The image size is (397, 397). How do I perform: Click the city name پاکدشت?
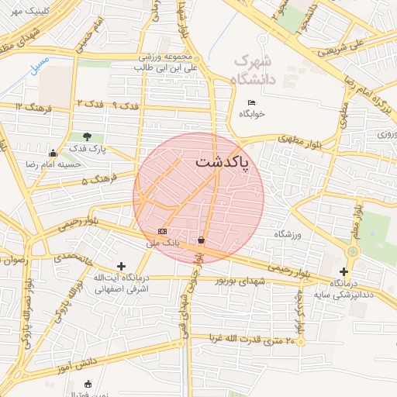coord(223,163)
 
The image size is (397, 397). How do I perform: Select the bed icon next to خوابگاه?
coord(250,103)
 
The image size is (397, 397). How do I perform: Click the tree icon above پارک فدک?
coord(86,136)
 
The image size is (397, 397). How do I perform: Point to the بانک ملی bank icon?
coord(162,231)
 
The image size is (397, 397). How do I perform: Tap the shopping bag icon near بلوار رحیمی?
coord(202,240)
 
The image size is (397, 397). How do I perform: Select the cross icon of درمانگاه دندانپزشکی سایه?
coord(343,271)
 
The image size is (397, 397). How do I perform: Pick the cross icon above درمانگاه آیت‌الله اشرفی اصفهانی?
coord(121,266)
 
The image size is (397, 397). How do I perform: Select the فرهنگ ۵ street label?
coord(98,180)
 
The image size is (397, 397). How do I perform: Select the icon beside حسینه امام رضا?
coord(52,153)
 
